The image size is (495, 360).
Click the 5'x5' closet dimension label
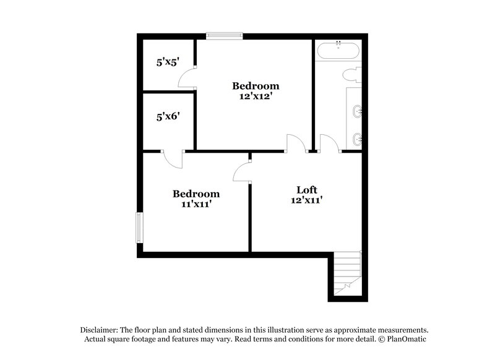[167, 62]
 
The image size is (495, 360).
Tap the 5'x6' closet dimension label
[168, 116]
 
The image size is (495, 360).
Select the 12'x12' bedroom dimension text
[256, 96]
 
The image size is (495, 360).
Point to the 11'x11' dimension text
[196, 204]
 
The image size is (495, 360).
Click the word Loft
[308, 189]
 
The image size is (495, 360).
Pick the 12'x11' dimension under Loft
[308, 200]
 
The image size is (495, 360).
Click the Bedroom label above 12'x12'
[256, 86]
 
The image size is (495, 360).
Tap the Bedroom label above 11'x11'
[196, 194]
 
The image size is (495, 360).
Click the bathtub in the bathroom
[338, 50]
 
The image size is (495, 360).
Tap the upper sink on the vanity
[357, 111]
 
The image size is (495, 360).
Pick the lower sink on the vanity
[357, 138]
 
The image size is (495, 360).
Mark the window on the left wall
[140, 227]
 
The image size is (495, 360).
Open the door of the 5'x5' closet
[186, 79]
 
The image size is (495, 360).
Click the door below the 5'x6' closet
[173, 159]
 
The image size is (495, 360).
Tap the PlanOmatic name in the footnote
[406, 340]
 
